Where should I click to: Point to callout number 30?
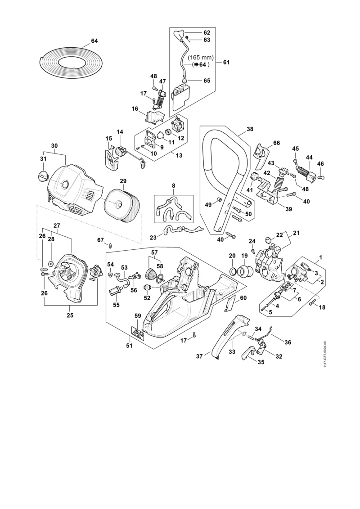pyautogui.click(x=54, y=146)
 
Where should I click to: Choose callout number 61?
pyautogui.click(x=226, y=63)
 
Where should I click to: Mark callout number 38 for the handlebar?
pyautogui.click(x=250, y=129)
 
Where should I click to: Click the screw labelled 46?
pyautogui.click(x=321, y=178)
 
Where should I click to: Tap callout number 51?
pyautogui.click(x=129, y=346)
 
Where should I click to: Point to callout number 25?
pyautogui.click(x=70, y=315)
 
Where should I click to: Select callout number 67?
pyautogui.click(x=100, y=240)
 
